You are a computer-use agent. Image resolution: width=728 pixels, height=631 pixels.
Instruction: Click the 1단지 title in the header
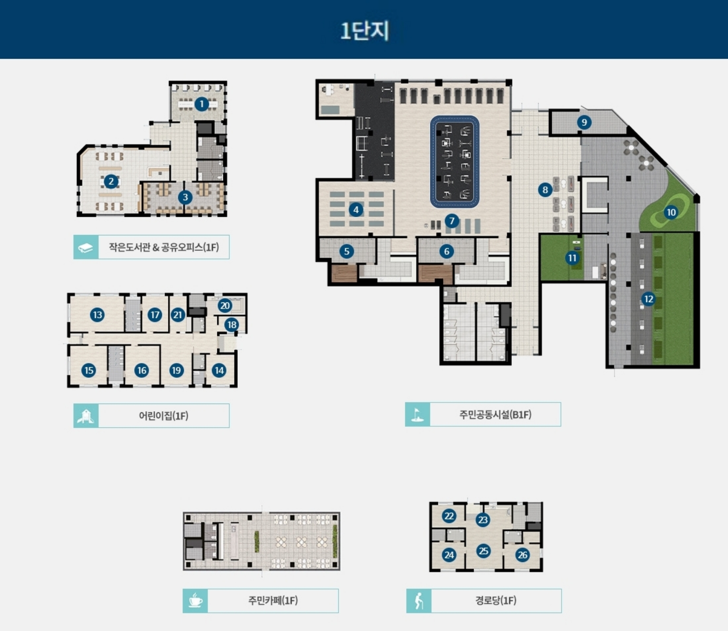pos(364,31)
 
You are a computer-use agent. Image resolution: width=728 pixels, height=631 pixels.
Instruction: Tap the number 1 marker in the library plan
pos(202,104)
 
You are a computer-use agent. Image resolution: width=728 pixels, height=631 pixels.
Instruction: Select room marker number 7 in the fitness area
pos(452,221)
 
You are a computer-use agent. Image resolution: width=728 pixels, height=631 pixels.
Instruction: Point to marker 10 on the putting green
pos(671,212)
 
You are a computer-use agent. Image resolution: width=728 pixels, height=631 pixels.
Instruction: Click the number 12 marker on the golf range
pos(649,299)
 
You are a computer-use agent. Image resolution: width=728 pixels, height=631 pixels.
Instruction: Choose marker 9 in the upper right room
pos(584,122)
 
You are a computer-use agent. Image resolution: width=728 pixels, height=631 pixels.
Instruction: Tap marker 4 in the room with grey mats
pos(356,210)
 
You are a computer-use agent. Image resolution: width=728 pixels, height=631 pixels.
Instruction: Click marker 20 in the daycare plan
pos(225,305)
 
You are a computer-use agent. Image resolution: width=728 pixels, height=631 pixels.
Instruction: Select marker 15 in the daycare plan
pos(89,370)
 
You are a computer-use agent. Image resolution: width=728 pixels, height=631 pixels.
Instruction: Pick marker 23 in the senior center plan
pos(483,520)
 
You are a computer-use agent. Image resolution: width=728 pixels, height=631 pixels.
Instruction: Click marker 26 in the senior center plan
pos(522,555)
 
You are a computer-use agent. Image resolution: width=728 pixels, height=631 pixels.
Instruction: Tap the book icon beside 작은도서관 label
pos(86,247)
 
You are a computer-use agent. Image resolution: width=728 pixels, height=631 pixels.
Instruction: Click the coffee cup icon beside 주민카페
pos(196,601)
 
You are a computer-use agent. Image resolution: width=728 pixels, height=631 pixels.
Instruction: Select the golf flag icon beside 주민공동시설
pos(417,415)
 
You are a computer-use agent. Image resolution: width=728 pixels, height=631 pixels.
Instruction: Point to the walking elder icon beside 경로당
pos(419,601)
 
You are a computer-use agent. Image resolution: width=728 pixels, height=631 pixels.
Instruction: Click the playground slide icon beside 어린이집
pos(86,416)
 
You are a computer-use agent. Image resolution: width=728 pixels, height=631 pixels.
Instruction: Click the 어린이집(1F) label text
pos(163,416)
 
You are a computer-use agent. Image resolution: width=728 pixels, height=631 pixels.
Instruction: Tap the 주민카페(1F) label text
pos(273,601)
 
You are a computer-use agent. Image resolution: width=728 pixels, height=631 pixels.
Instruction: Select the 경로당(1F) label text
pos(496,601)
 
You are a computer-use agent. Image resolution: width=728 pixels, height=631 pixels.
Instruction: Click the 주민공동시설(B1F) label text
pos(495,415)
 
